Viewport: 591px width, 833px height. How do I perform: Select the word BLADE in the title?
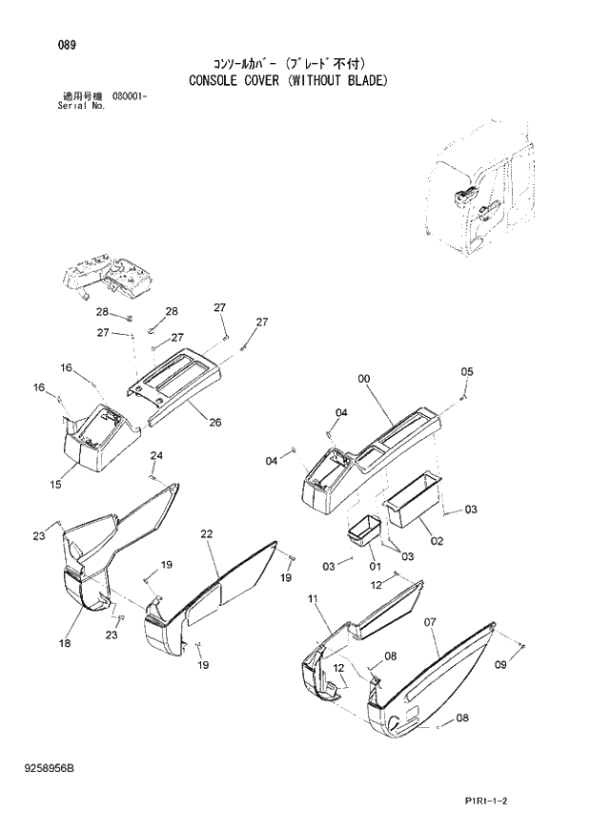(362, 81)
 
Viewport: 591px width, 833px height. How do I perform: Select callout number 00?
(363, 380)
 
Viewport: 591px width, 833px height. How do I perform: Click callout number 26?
(214, 422)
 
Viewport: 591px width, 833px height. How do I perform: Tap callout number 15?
(56, 485)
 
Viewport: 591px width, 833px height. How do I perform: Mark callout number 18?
(65, 644)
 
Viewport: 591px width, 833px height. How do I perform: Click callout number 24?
(156, 455)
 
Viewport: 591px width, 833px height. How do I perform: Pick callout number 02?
(438, 541)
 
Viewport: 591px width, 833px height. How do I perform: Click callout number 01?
(374, 552)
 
